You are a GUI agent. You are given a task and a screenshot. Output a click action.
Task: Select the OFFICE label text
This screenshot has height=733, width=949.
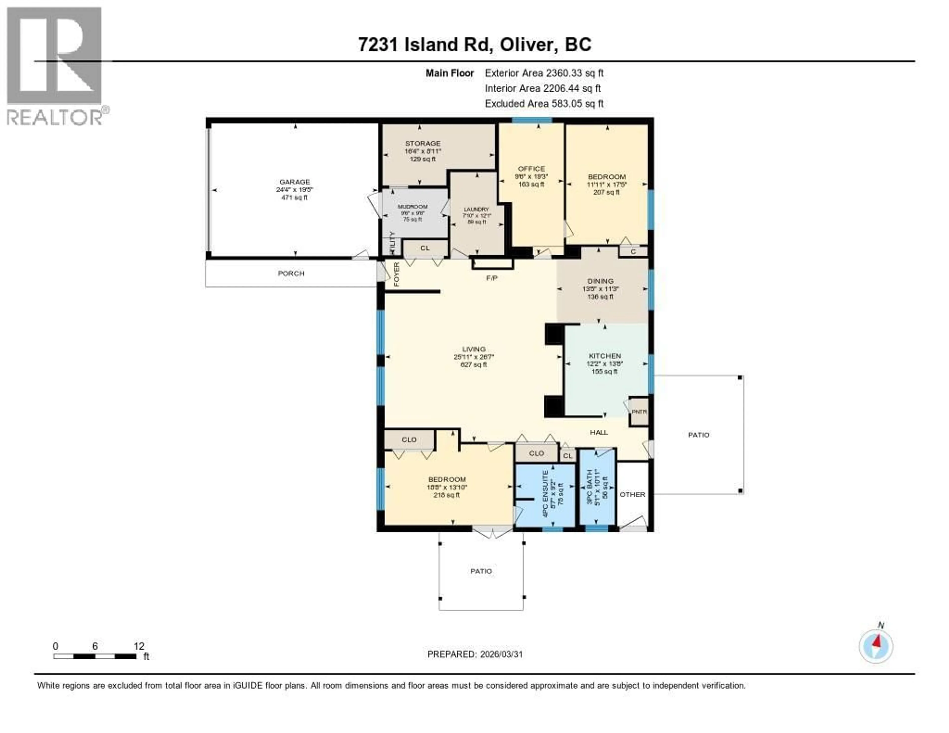pos(531,169)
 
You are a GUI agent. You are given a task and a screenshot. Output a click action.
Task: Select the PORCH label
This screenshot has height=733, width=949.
pos(291,273)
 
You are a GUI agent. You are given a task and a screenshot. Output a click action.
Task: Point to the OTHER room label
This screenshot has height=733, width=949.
pos(632,495)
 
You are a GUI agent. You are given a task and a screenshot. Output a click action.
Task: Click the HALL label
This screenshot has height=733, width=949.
pos(599,432)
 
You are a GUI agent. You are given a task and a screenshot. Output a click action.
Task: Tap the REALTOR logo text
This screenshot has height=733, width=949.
pos(55,117)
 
